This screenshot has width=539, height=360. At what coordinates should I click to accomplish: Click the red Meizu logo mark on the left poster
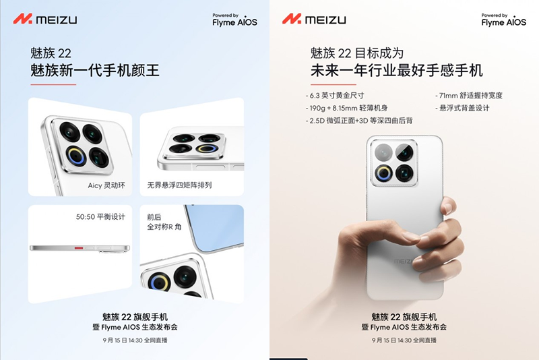23,19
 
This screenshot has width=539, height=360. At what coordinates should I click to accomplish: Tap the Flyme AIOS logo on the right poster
503,20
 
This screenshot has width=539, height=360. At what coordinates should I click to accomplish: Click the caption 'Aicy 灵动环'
106,185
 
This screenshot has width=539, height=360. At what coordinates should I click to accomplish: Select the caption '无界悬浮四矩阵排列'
179,185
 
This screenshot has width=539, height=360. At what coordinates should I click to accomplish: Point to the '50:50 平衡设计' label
100,216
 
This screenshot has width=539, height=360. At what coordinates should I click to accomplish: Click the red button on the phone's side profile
79,247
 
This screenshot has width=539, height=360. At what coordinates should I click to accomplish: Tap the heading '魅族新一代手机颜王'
95,71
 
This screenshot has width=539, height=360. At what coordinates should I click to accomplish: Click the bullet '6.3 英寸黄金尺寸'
335,96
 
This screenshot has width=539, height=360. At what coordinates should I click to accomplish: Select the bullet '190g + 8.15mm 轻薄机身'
346,108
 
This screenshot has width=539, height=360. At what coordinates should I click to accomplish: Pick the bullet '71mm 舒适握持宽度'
469,96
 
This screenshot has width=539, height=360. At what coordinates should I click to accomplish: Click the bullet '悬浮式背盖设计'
462,108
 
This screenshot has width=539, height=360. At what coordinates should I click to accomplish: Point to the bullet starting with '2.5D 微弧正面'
359,121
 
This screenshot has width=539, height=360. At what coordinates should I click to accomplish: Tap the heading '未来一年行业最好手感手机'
397,71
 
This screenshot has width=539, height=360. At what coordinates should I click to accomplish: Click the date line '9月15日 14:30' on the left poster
135,340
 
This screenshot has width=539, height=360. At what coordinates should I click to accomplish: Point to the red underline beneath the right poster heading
334,84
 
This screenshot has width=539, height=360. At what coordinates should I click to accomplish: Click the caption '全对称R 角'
164,227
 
